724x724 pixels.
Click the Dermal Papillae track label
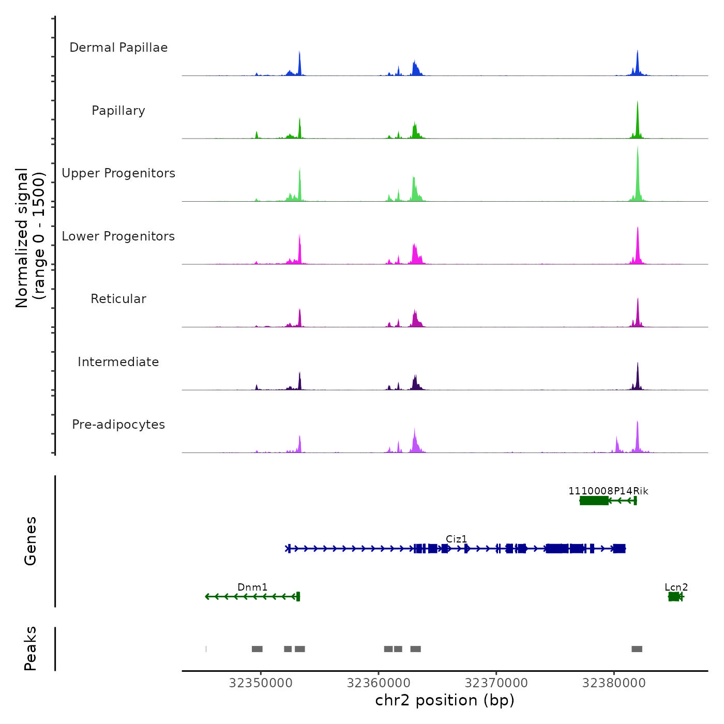pyautogui.click(x=118, y=48)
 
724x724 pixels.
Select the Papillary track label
pyautogui.click(x=118, y=111)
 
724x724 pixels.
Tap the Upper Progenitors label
pyautogui.click(x=118, y=173)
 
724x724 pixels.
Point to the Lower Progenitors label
pyautogui.click(x=118, y=236)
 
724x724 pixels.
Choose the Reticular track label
pyautogui.click(x=118, y=299)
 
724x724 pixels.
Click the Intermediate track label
pyautogui.click(x=118, y=362)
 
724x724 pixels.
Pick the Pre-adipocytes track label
pyautogui.click(x=118, y=425)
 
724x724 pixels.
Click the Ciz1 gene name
pyautogui.click(x=456, y=539)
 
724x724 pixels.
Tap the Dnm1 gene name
pyautogui.click(x=252, y=587)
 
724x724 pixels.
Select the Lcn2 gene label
pyautogui.click(x=676, y=587)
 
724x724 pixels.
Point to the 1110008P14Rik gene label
pyautogui.click(x=608, y=491)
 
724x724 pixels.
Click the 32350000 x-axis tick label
pyautogui.click(x=261, y=683)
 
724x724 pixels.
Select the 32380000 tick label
pyautogui.click(x=614, y=683)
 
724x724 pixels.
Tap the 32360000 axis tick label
pyautogui.click(x=379, y=683)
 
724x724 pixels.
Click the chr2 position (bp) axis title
pyautogui.click(x=445, y=700)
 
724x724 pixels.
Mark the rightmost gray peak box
pyautogui.click(x=637, y=649)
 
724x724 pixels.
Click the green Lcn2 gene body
pyautogui.click(x=674, y=597)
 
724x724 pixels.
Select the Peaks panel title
pyautogui.click(x=31, y=648)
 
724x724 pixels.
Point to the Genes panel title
pyautogui.click(x=31, y=541)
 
